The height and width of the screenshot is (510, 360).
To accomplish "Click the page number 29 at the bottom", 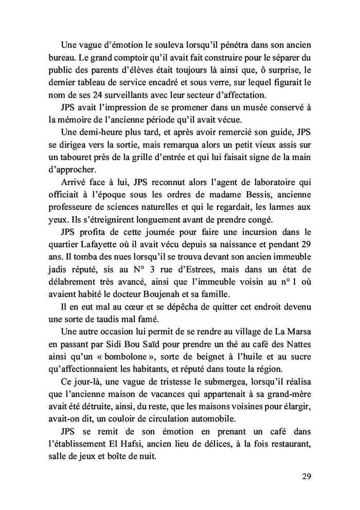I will [307, 476].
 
